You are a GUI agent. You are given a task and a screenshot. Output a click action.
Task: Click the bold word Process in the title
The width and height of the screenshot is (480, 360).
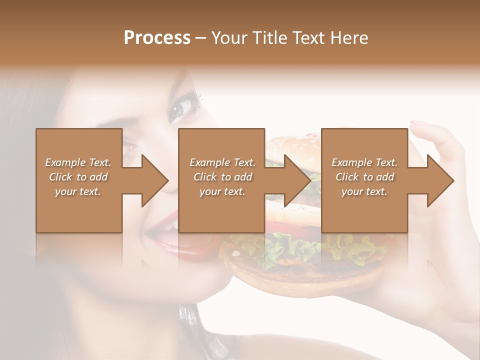click(157, 38)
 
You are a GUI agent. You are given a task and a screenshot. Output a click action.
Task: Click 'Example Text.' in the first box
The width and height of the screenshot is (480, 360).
click(78, 162)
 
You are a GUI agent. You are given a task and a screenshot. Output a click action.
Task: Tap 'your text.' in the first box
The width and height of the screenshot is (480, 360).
click(78, 191)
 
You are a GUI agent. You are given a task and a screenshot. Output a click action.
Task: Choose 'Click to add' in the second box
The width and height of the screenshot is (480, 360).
click(222, 177)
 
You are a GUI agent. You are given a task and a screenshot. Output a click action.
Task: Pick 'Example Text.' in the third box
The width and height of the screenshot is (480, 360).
click(364, 162)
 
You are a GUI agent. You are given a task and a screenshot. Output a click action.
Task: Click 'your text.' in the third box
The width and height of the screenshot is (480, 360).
click(364, 191)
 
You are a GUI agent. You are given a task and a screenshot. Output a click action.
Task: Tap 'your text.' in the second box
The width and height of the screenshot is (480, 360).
click(222, 191)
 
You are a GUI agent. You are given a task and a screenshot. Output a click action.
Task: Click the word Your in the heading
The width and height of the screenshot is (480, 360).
click(227, 38)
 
